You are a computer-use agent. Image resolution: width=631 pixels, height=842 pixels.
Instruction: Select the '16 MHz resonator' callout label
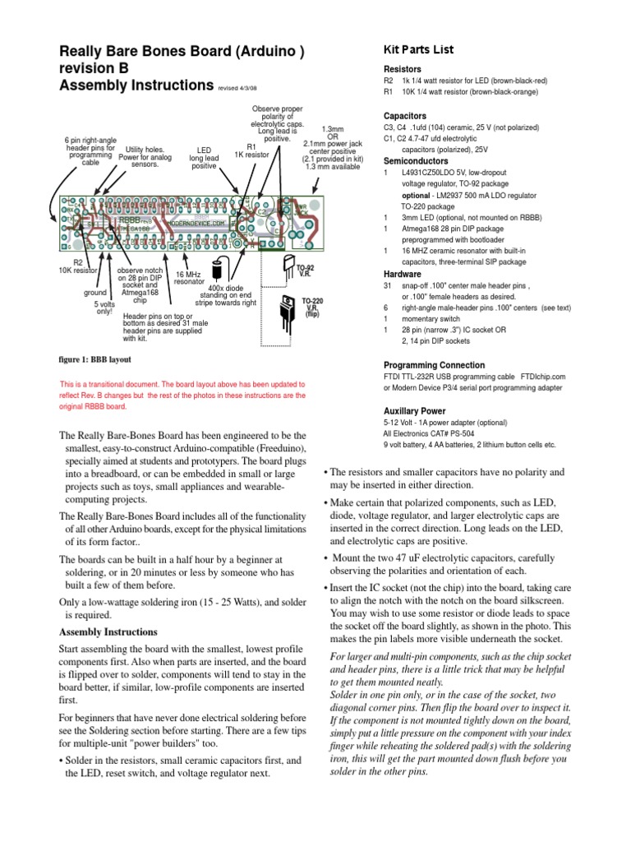[x=189, y=277]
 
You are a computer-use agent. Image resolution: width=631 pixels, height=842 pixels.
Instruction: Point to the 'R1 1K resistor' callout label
[x=251, y=150]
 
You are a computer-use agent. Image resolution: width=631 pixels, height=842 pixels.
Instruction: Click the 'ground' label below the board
[x=96, y=292]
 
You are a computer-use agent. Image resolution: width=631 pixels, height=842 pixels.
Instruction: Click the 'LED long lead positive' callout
[x=205, y=158]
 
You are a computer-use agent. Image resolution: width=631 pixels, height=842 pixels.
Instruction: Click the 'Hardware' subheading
[x=402, y=274]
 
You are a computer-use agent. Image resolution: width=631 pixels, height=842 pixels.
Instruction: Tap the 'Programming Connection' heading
[x=433, y=364]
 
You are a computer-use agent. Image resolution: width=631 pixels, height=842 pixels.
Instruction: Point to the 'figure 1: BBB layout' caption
[x=94, y=360]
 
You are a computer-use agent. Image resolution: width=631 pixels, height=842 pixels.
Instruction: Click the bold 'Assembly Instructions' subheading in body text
[x=108, y=632]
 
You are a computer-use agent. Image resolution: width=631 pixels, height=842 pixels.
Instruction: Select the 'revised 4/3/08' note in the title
[x=243, y=86]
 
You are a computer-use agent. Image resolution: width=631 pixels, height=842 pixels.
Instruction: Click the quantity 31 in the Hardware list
[x=388, y=285]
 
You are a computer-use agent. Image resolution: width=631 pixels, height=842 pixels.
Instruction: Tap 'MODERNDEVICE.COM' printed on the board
[x=196, y=223]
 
